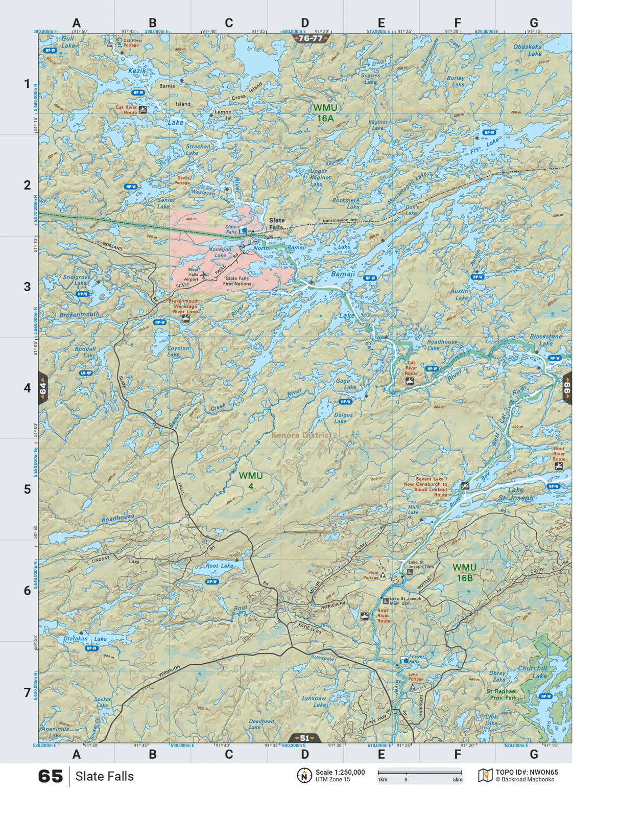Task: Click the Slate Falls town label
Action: click(x=276, y=224)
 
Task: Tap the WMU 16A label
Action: click(x=325, y=113)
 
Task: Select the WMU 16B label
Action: click(x=464, y=572)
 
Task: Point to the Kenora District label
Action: click(x=301, y=435)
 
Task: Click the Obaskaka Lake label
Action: click(x=528, y=50)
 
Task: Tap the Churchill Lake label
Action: click(x=533, y=671)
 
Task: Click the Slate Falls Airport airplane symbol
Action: click(x=205, y=275)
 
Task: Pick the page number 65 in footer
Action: click(x=50, y=776)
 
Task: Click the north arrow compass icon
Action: click(x=304, y=775)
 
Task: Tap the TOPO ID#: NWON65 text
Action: click(x=527, y=772)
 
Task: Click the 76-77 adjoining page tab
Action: click(x=311, y=38)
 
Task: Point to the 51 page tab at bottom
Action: click(x=305, y=738)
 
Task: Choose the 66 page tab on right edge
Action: click(x=567, y=388)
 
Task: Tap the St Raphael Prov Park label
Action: click(x=502, y=694)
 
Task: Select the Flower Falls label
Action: click(x=416, y=659)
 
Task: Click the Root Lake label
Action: click(x=220, y=566)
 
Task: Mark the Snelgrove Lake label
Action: click(x=77, y=280)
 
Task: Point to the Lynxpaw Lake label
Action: click(x=314, y=701)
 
